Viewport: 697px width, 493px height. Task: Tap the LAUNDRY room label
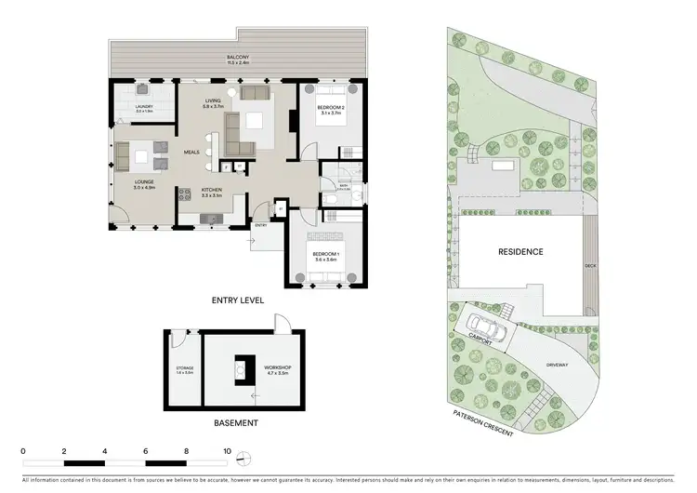[x=143, y=108]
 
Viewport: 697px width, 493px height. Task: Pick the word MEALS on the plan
[x=192, y=152]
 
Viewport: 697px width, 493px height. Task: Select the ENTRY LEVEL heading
[x=238, y=300]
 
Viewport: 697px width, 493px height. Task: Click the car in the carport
[x=491, y=329]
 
